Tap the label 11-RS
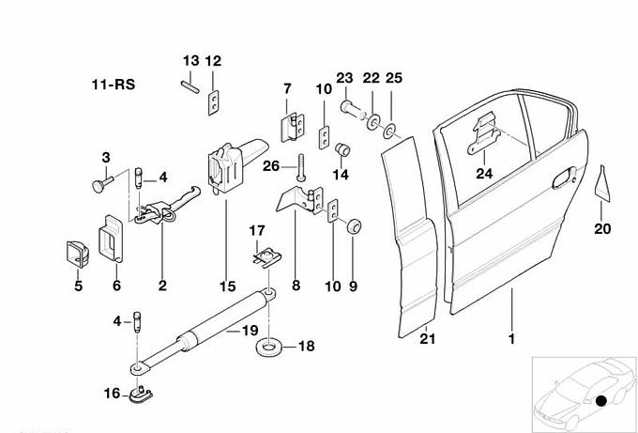tap(113, 85)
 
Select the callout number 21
tap(428, 339)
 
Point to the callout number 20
tap(602, 227)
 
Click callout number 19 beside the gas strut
tap(249, 330)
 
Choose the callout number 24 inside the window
tap(483, 172)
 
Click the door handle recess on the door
tap(565, 175)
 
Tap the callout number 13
tap(190, 61)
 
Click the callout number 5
tap(79, 286)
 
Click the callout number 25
tap(393, 77)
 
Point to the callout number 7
tap(288, 88)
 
